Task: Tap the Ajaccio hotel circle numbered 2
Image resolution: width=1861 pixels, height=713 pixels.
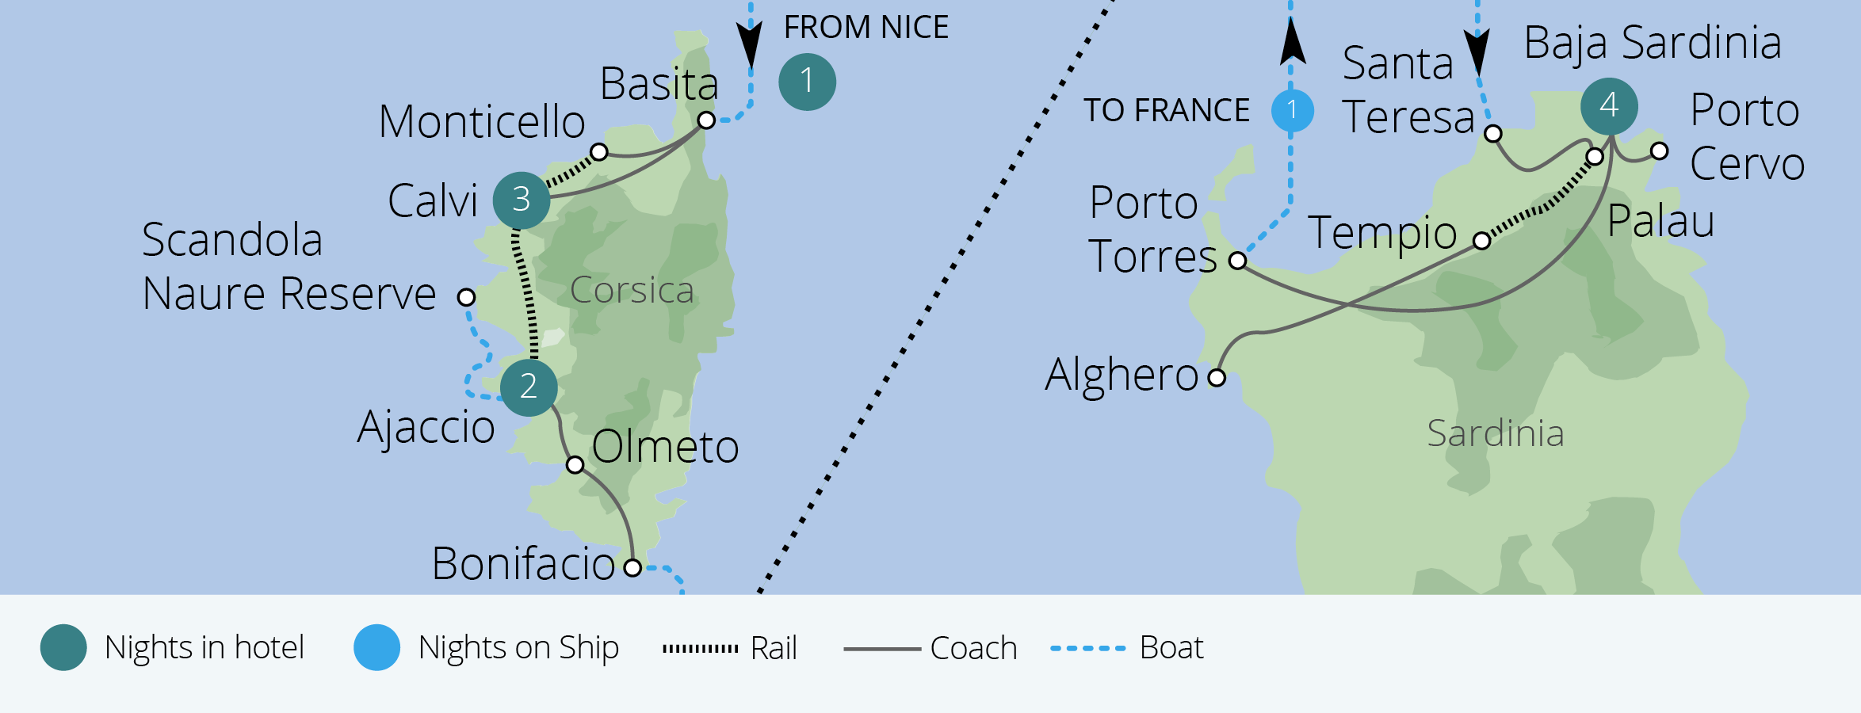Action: click(x=529, y=387)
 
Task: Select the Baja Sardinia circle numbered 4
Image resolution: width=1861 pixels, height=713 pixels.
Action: click(x=1608, y=106)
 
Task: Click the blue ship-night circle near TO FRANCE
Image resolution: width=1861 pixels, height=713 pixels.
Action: click(x=1292, y=110)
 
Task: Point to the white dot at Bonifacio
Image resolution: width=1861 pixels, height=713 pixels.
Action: click(x=632, y=567)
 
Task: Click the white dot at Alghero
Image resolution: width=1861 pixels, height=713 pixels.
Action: click(x=1217, y=377)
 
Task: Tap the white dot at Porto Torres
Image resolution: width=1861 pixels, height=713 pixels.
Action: click(x=1237, y=260)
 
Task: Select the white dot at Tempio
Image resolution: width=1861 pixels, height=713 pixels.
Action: click(x=1481, y=240)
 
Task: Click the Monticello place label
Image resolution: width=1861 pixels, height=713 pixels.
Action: click(x=482, y=123)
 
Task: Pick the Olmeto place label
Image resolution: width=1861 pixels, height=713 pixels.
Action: click(x=665, y=447)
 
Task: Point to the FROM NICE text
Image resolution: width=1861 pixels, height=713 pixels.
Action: click(x=866, y=28)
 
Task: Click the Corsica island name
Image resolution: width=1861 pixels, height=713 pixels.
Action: click(x=632, y=291)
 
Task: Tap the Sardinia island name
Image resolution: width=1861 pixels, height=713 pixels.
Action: click(x=1495, y=433)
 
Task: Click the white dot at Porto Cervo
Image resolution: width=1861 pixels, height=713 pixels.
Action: click(x=1659, y=151)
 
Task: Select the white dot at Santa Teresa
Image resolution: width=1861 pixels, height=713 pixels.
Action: click(x=1492, y=133)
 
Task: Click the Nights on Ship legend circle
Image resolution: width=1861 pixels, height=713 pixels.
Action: click(x=376, y=648)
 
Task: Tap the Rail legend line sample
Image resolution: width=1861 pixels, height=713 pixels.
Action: click(x=700, y=648)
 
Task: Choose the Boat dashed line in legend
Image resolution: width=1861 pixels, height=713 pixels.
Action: click(x=1087, y=648)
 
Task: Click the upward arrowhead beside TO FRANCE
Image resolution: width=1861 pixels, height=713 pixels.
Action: click(x=1292, y=43)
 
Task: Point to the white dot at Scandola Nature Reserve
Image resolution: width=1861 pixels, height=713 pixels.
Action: click(x=466, y=297)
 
